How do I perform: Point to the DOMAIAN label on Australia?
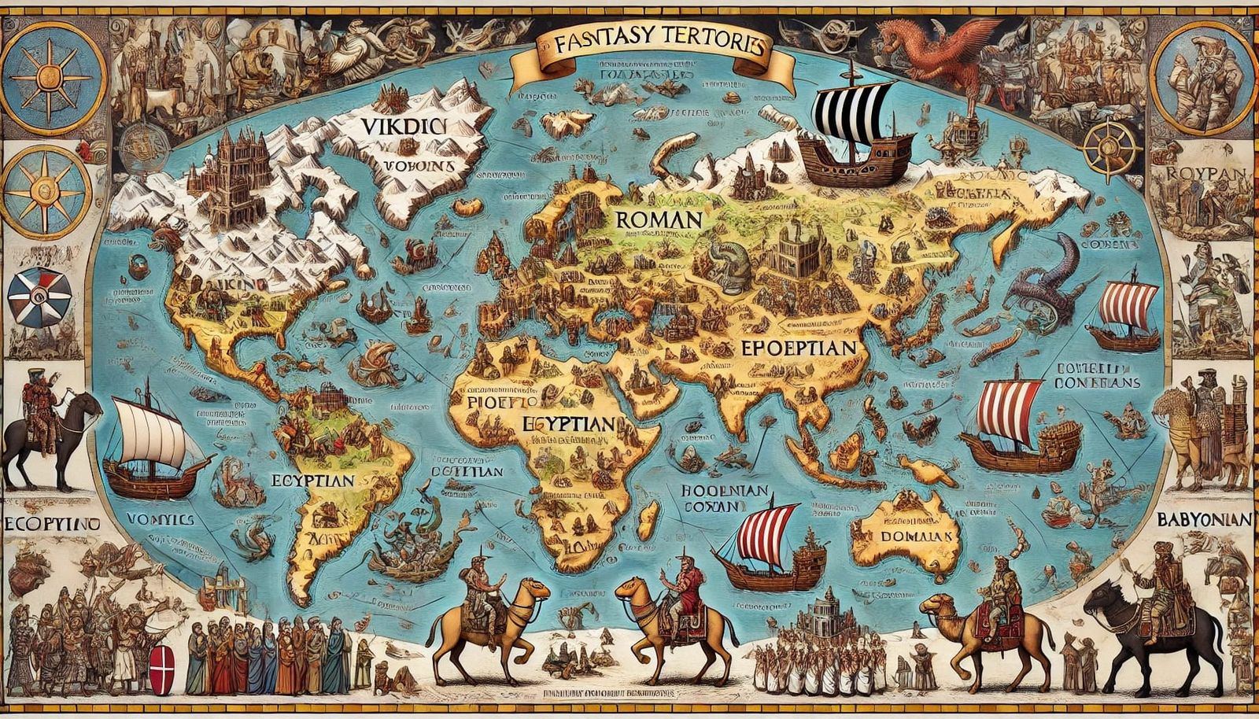click(916, 536)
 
